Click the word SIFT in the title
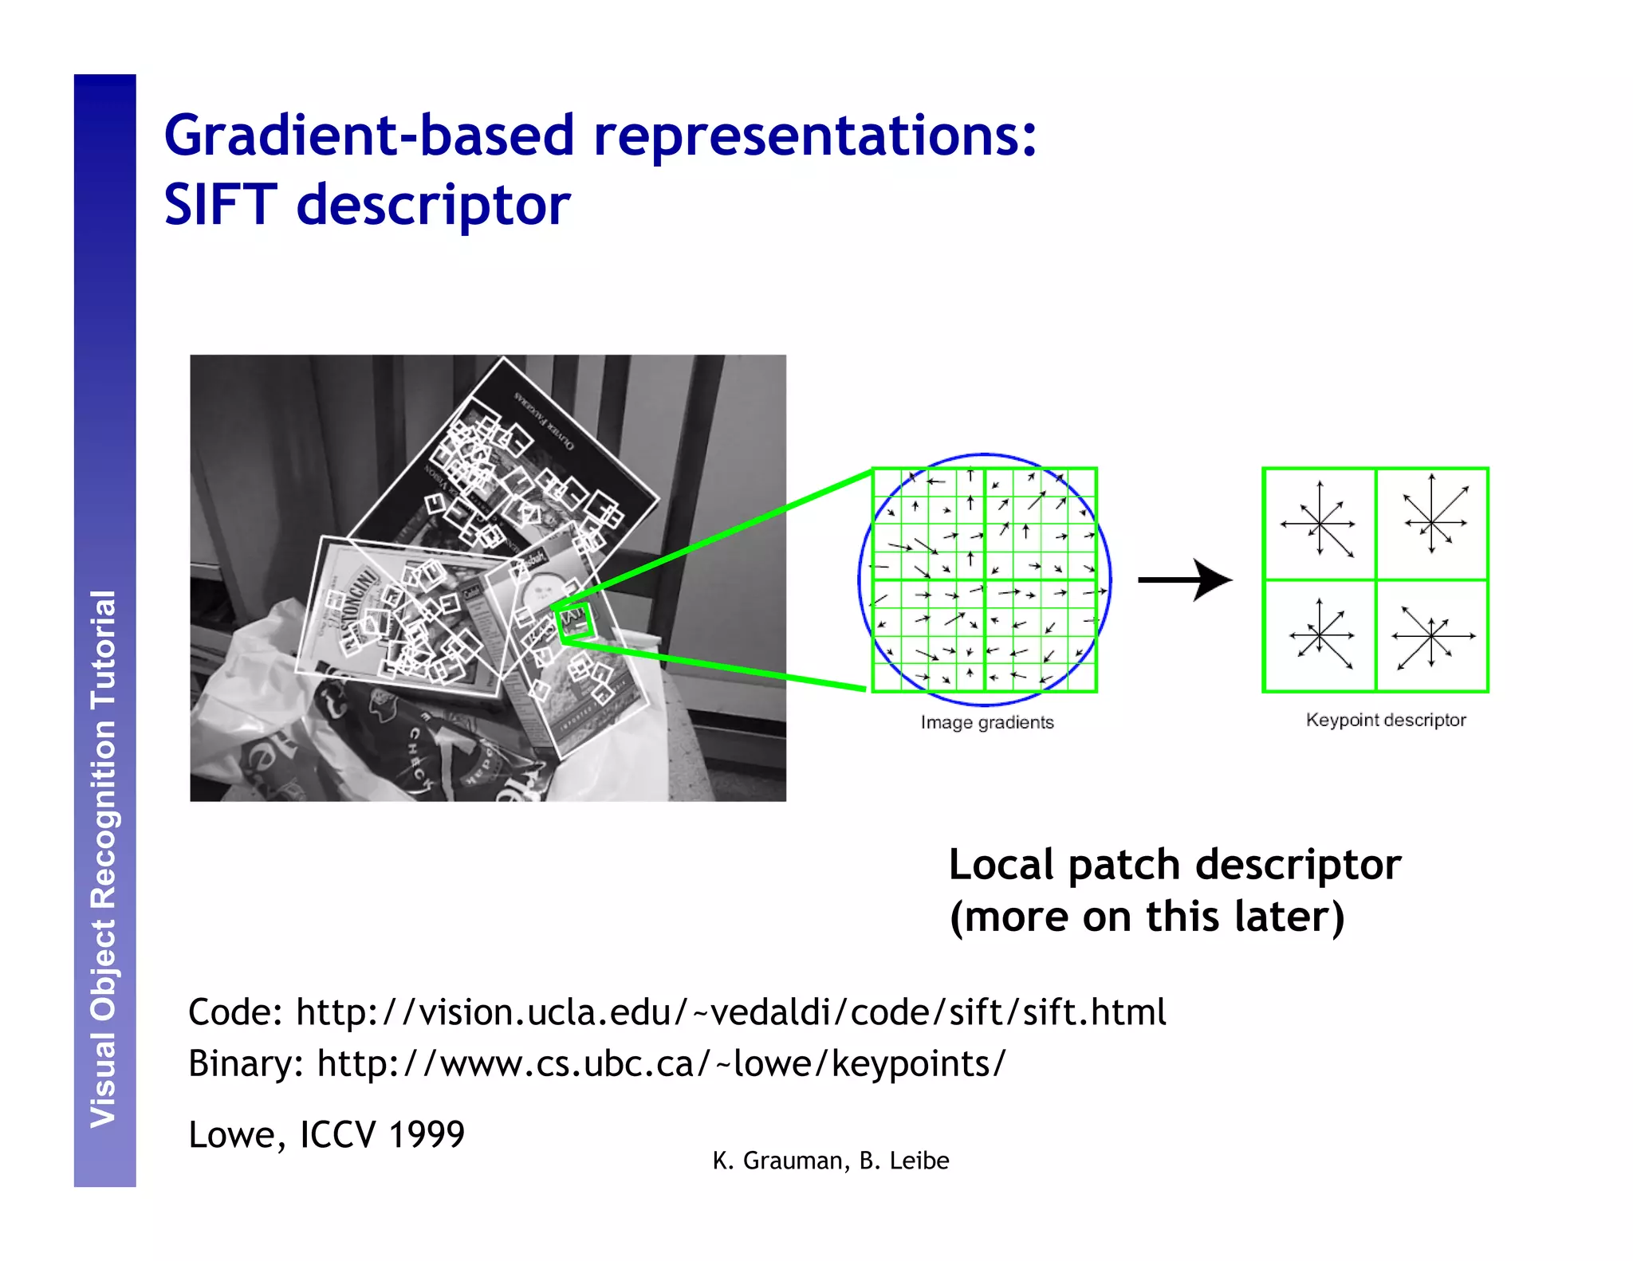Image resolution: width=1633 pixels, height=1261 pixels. [x=220, y=205]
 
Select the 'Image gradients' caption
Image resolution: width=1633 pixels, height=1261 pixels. [x=987, y=722]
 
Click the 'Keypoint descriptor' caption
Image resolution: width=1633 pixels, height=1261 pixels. [x=1386, y=720]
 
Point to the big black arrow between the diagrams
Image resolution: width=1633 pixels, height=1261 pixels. [x=1185, y=579]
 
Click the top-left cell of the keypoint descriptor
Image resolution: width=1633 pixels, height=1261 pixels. [x=1320, y=524]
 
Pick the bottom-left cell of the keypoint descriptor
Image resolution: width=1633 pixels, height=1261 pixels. [x=1320, y=636]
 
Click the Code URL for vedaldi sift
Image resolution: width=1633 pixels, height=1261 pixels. [x=730, y=1012]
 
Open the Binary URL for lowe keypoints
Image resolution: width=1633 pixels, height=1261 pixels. [x=661, y=1063]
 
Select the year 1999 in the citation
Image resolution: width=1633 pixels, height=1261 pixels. [x=427, y=1134]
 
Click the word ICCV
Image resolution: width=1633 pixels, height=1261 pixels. [x=337, y=1134]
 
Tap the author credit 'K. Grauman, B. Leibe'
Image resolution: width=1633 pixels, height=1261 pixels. [x=831, y=1161]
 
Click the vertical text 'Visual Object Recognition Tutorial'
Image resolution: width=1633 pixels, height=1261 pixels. [x=104, y=858]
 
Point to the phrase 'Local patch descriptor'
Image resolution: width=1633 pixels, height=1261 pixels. [x=1175, y=865]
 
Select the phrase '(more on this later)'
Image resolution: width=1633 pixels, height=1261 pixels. [x=1147, y=917]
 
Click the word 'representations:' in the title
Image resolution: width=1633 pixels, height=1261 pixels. [x=815, y=135]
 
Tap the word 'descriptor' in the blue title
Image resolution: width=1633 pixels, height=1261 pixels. [x=434, y=205]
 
